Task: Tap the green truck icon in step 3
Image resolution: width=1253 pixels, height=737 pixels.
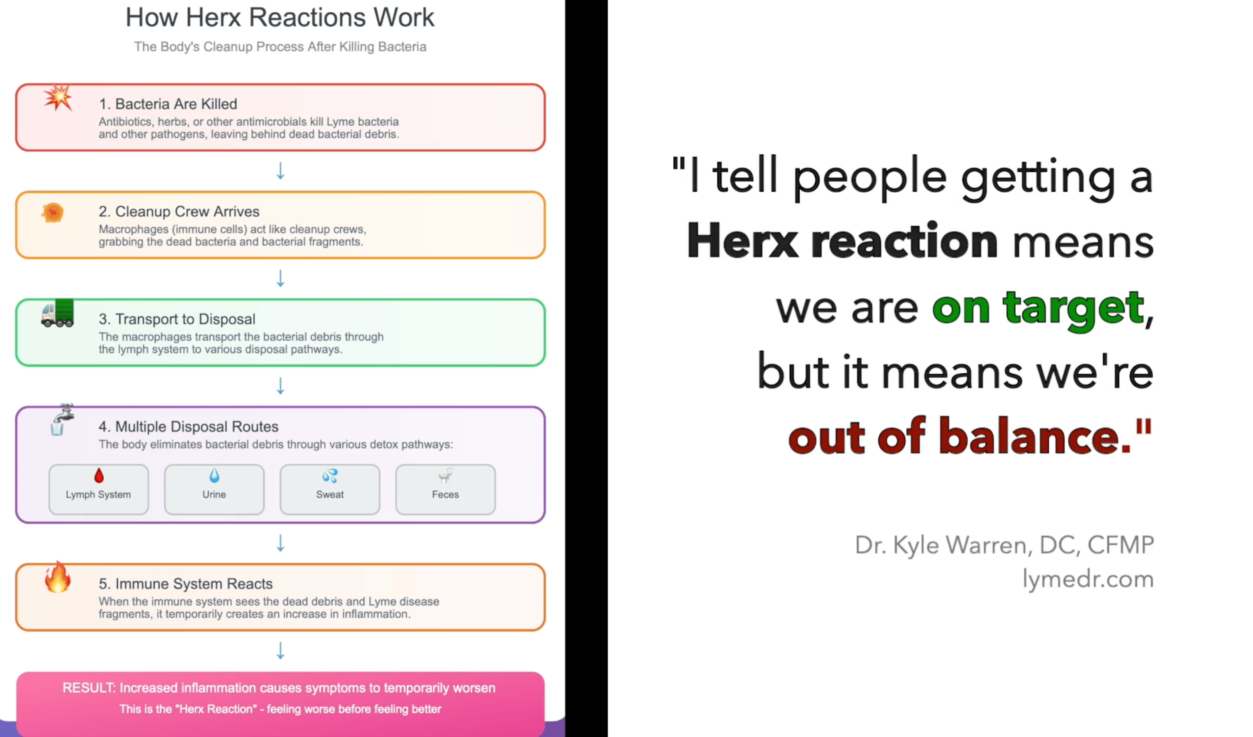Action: [58, 313]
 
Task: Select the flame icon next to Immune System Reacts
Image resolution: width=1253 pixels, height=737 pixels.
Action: [58, 577]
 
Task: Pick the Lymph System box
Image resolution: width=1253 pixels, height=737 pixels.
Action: [98, 489]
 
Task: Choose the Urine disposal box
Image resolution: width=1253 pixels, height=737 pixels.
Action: [214, 489]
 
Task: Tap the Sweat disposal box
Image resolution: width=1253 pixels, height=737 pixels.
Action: [330, 489]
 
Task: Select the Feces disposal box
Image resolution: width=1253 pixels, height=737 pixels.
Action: [446, 489]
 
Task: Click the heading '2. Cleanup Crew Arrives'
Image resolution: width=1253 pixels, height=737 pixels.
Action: [179, 211]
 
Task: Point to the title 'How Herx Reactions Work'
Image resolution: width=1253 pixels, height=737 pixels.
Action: [280, 17]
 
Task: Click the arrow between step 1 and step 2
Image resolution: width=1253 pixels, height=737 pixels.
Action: [281, 171]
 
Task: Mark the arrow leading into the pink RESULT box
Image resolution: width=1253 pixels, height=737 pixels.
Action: [281, 651]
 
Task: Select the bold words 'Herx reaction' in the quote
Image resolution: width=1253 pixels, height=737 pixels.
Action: [842, 241]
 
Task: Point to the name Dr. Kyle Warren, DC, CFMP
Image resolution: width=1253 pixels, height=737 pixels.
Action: [1005, 545]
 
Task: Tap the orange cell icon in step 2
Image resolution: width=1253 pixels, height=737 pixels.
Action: [53, 213]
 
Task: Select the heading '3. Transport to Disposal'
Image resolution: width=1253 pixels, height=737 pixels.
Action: [177, 319]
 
